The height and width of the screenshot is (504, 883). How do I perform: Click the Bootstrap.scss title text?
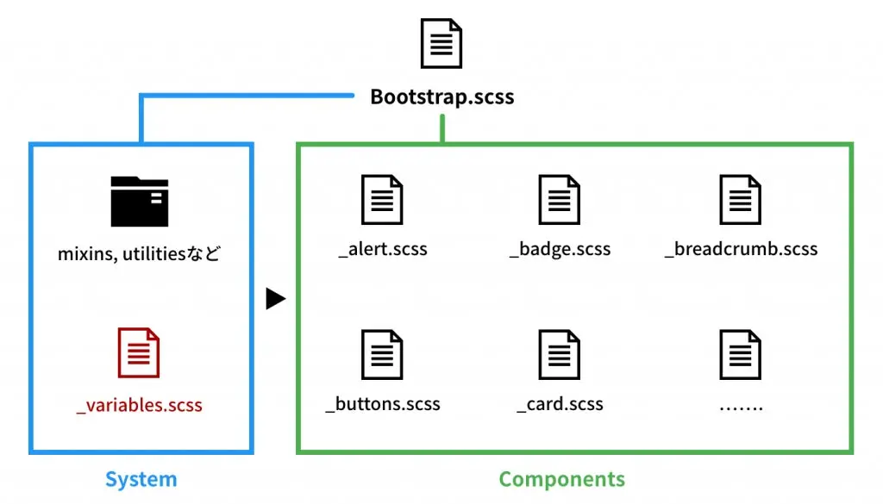(441, 96)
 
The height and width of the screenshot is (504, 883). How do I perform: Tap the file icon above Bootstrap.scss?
(441, 44)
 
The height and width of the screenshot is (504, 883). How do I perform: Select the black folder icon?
(140, 202)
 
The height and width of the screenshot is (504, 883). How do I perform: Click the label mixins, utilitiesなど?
(140, 254)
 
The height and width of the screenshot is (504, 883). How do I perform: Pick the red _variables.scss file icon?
(139, 353)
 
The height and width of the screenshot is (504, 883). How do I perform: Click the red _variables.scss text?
(140, 405)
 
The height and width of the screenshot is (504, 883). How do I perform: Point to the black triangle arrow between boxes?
(275, 299)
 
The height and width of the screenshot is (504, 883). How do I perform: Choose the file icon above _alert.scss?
(382, 200)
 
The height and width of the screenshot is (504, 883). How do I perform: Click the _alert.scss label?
(383, 250)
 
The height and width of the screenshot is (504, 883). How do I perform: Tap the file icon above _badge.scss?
(560, 200)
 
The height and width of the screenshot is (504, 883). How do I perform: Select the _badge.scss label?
(560, 250)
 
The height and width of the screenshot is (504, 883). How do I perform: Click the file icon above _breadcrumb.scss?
(741, 200)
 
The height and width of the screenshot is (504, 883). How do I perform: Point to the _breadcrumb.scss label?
(741, 250)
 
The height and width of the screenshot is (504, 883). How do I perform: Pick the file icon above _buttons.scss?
(382, 354)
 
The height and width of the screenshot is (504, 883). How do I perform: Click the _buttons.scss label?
(383, 404)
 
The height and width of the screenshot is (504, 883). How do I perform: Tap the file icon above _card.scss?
(560, 354)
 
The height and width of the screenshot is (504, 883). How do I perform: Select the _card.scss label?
(560, 404)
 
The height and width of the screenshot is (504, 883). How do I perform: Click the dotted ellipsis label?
(741, 405)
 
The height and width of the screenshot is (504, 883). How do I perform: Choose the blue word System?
(141, 480)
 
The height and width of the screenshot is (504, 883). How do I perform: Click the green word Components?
(562, 480)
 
